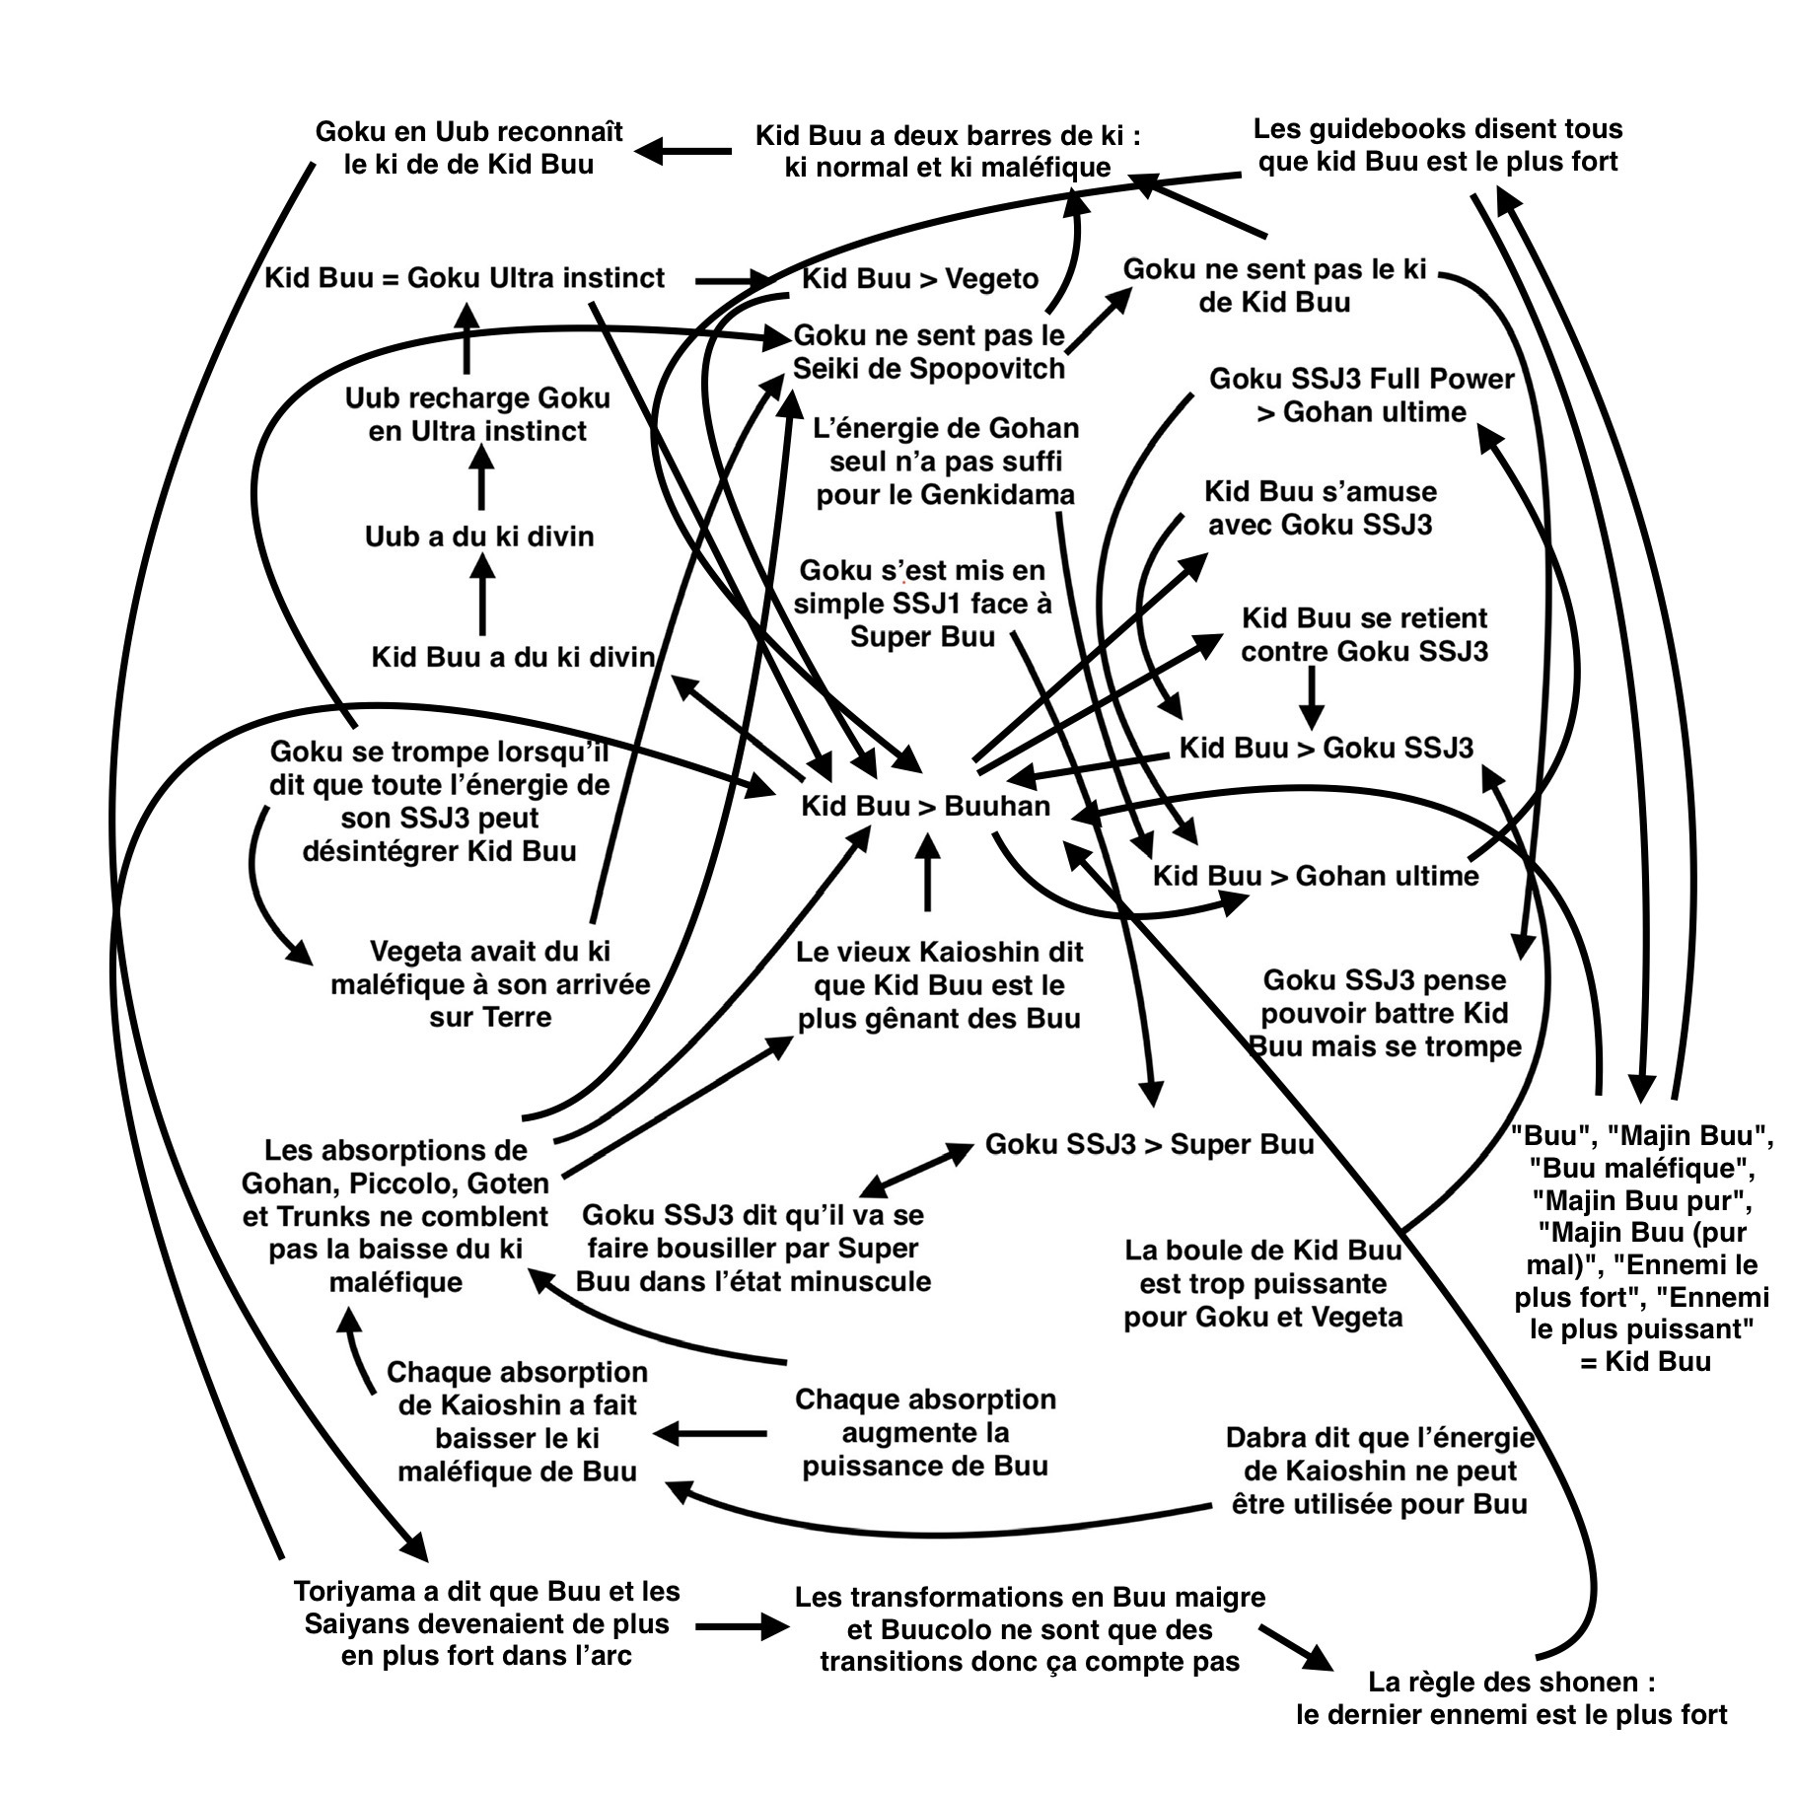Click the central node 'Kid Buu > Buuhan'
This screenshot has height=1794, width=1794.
(x=925, y=806)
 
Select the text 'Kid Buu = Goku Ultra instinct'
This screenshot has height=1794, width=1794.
(x=465, y=278)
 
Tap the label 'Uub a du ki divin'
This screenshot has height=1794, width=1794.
(x=479, y=537)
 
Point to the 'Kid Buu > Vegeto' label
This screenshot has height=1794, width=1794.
(x=920, y=279)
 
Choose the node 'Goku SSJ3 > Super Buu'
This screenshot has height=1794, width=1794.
(x=1149, y=1144)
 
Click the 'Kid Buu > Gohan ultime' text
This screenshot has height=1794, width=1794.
(x=1316, y=876)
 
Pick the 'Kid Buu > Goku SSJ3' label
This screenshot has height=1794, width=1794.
(x=1326, y=748)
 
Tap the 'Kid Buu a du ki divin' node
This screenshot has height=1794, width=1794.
(x=513, y=657)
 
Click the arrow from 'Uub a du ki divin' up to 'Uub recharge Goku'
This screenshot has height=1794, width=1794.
(x=481, y=476)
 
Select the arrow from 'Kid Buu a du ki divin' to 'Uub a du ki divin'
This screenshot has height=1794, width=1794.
(x=481, y=594)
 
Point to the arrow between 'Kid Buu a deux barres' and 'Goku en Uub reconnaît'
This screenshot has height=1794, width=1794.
(x=683, y=151)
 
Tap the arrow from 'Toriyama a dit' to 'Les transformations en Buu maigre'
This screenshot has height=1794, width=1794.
(x=742, y=1626)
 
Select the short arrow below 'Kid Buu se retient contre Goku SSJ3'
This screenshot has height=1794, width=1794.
(x=1311, y=697)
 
